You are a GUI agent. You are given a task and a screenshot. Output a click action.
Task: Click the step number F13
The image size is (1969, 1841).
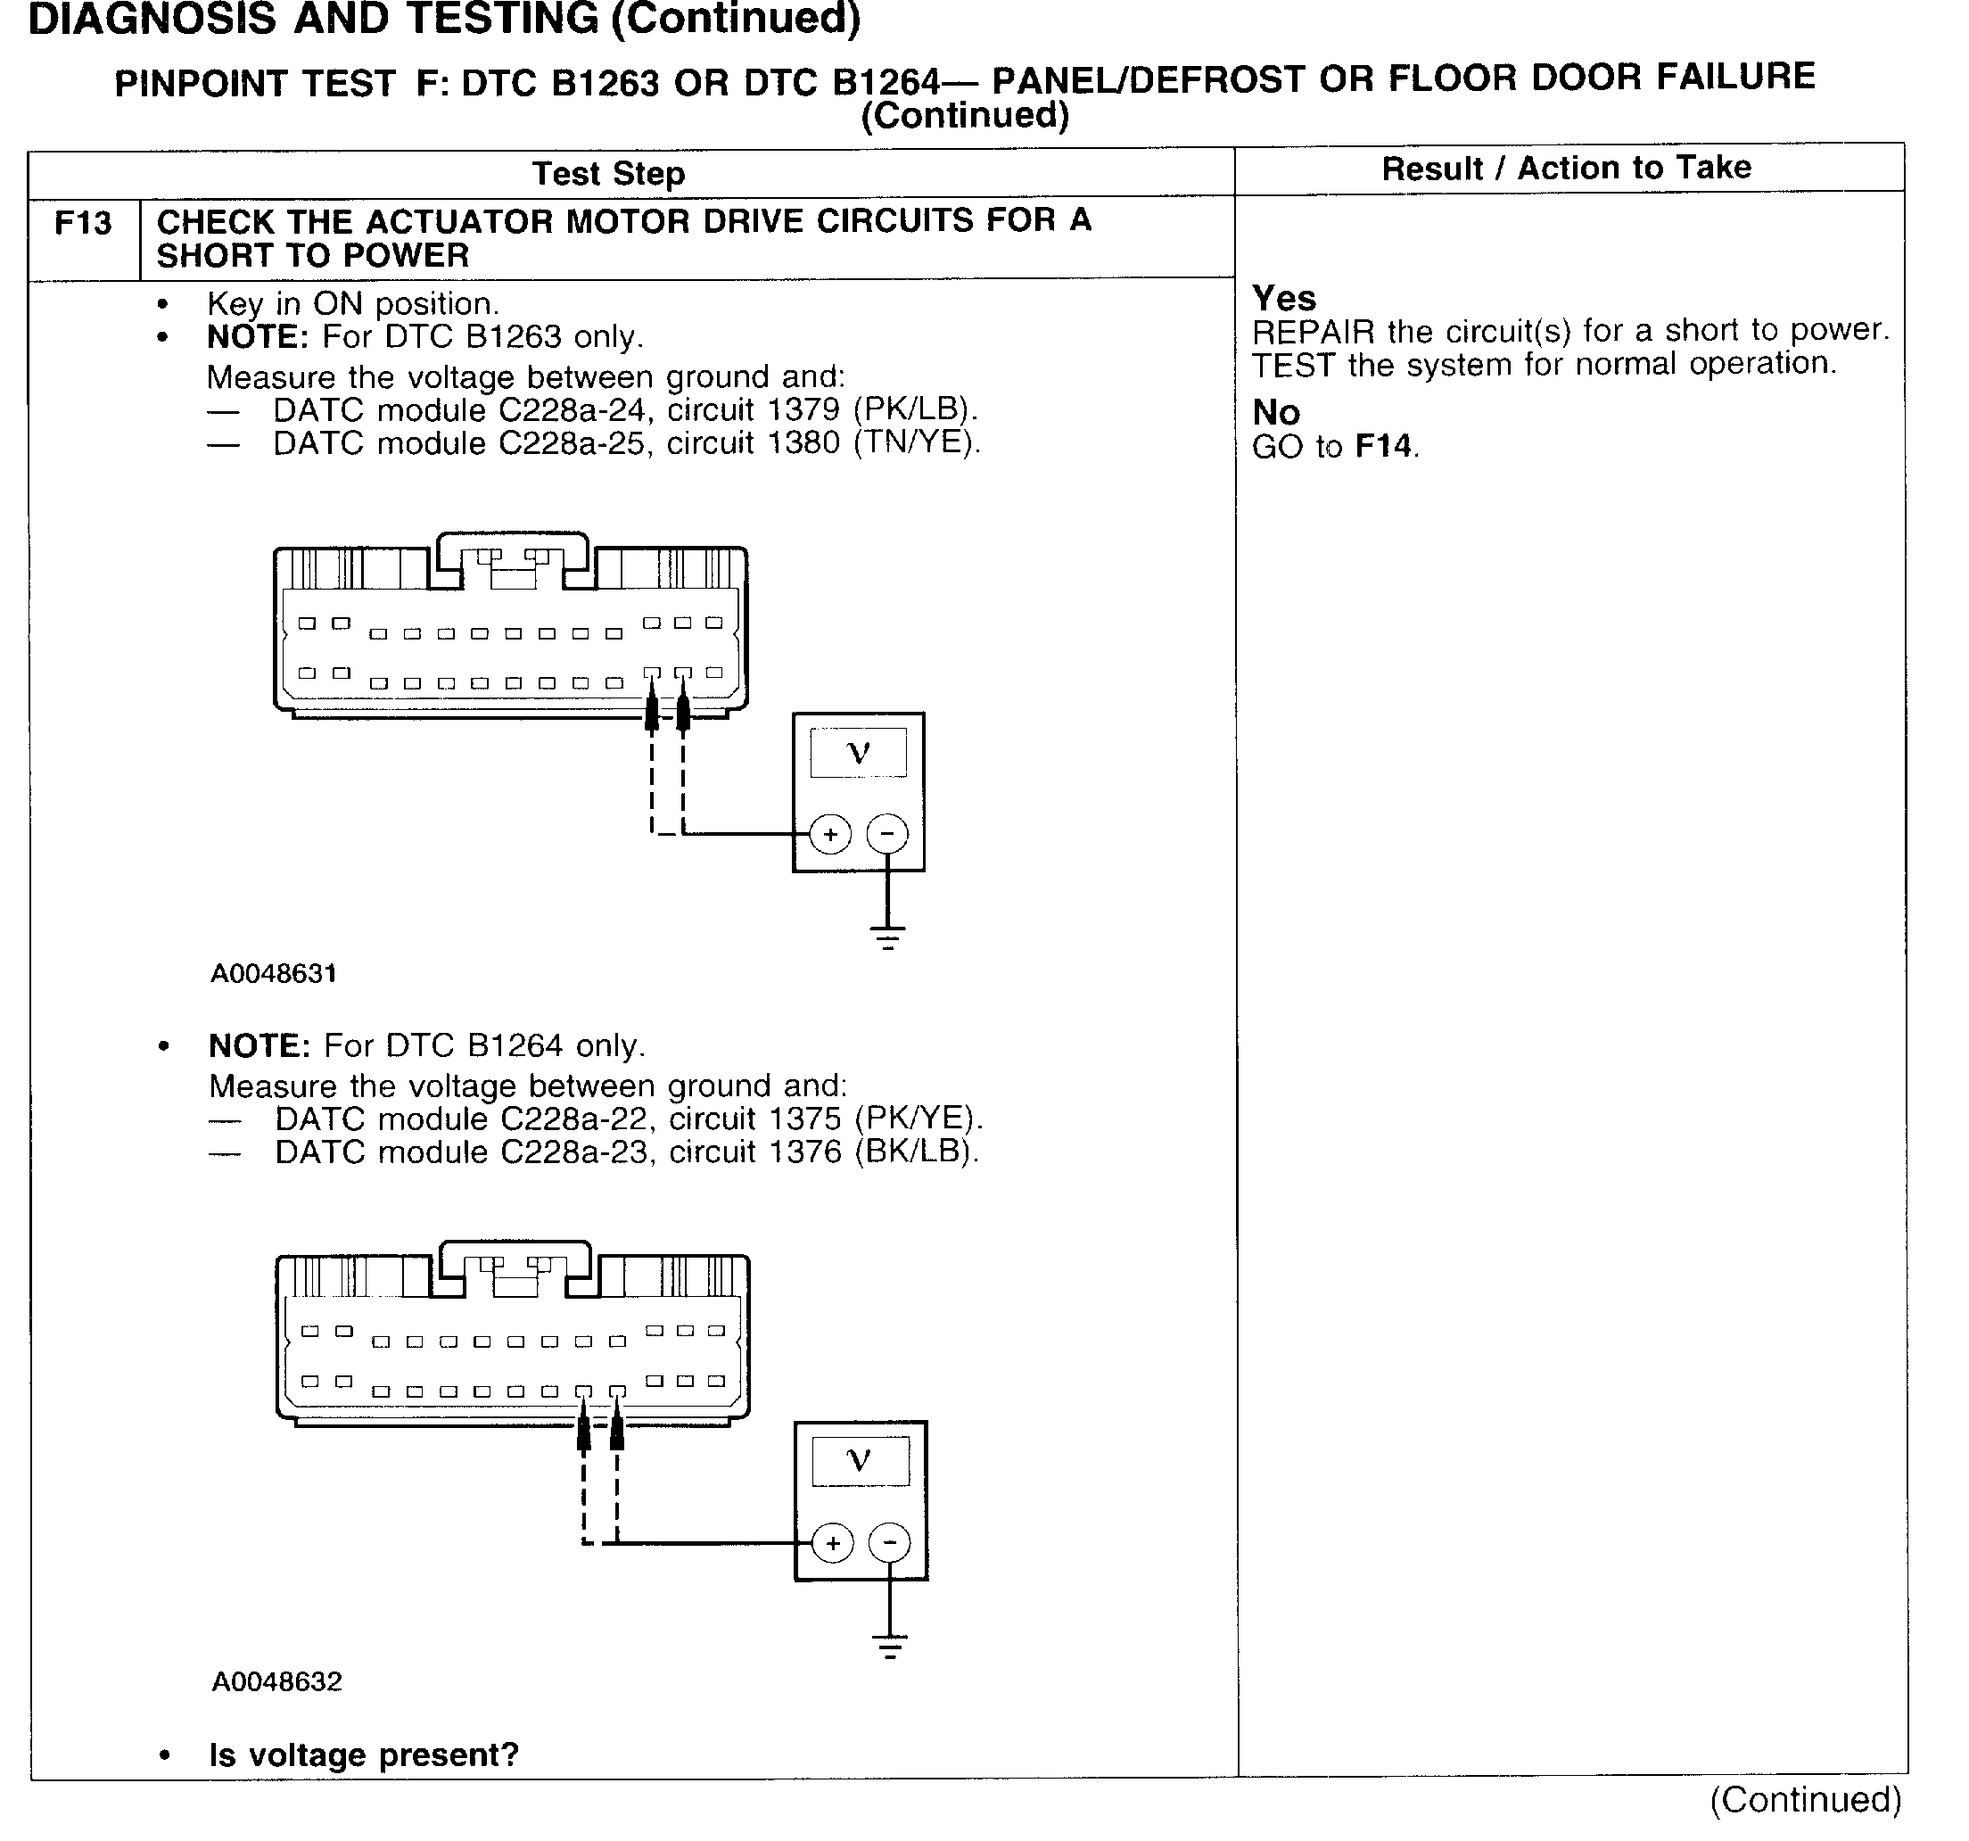83,224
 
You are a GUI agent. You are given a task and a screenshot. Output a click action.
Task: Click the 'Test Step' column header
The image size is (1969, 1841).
608,173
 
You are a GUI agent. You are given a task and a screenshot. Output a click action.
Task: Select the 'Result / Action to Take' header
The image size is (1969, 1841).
1566,168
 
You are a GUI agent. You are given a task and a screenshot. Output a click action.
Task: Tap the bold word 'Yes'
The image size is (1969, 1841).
1283,298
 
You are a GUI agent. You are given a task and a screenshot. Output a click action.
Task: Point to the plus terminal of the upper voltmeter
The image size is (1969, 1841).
830,834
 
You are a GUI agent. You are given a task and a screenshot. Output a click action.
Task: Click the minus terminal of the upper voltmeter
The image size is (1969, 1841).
886,834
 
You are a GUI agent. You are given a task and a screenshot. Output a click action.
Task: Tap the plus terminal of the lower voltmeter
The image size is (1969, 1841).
832,1543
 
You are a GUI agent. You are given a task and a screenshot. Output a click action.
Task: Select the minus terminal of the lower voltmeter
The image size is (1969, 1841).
889,1543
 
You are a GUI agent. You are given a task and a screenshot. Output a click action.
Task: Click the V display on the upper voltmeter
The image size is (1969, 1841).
858,753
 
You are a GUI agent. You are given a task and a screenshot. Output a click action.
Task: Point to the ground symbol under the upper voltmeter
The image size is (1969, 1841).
887,937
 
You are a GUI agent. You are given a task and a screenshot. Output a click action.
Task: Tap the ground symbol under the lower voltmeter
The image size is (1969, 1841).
889,1647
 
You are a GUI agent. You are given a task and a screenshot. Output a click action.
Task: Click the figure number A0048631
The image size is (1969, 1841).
274,974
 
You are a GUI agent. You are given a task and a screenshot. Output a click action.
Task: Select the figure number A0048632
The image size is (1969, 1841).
276,1681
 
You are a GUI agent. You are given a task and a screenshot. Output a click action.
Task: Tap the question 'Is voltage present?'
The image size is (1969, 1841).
364,1754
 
